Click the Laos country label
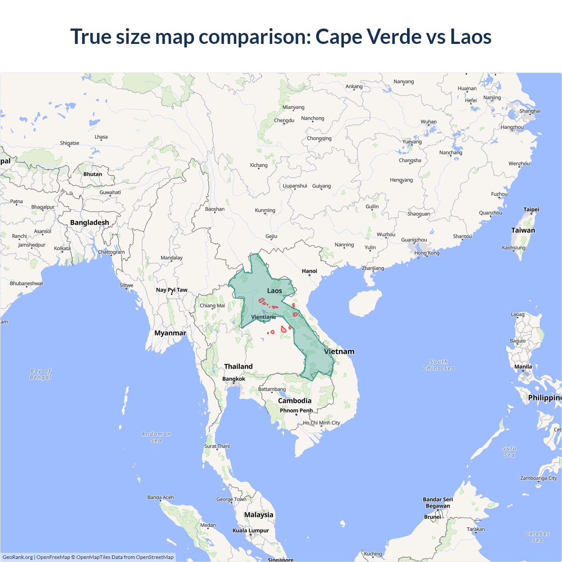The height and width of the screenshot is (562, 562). [274, 291]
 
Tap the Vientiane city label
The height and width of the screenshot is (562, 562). [263, 317]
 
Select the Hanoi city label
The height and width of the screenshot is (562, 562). [309, 271]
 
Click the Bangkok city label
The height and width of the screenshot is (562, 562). [234, 379]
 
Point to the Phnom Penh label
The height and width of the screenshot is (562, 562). [296, 411]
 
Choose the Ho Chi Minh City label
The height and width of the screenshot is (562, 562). [321, 423]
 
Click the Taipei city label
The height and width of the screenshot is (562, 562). [531, 209]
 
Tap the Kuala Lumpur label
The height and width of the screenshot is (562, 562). [251, 530]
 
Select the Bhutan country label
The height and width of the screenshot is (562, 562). [93, 174]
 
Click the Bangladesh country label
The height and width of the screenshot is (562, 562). [90, 223]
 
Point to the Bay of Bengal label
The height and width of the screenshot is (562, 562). [40, 374]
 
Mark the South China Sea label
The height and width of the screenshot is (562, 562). [439, 365]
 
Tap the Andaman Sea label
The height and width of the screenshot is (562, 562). [156, 437]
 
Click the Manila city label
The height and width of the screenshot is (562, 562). [523, 367]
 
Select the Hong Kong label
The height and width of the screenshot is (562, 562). [427, 253]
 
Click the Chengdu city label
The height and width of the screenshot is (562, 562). [284, 120]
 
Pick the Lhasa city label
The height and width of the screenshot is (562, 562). [101, 137]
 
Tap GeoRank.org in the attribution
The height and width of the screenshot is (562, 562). [18, 557]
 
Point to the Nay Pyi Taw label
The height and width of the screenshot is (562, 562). [172, 290]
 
